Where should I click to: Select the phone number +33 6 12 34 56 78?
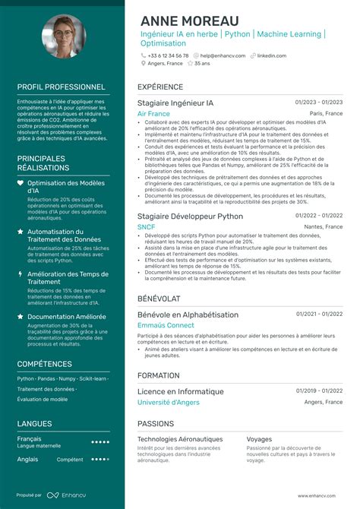(168, 55)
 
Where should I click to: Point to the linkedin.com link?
(271, 55)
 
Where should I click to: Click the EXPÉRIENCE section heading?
(160, 87)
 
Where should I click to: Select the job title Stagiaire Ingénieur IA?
(175, 102)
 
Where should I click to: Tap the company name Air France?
(153, 113)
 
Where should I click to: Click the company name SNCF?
(147, 226)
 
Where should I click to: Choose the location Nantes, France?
(324, 226)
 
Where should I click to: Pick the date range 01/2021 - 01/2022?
(319, 313)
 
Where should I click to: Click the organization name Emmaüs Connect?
(166, 325)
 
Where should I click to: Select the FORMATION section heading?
(158, 375)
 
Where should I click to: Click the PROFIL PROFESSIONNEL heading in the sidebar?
(61, 87)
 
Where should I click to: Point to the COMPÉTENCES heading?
(45, 364)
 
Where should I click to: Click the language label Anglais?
(27, 459)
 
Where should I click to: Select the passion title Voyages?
(259, 438)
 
